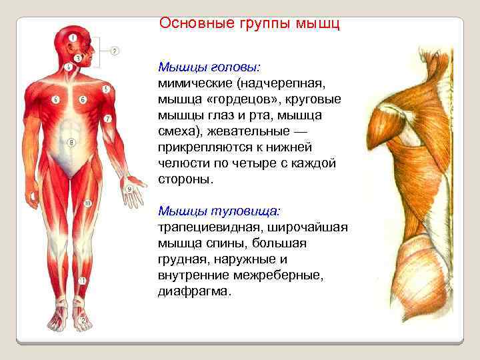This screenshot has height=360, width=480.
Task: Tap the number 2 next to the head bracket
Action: point(115,51)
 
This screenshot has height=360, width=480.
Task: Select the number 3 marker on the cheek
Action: point(78,59)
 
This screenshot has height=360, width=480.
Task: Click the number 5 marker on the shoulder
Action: point(106,89)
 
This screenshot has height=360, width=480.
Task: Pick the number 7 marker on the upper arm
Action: point(107,119)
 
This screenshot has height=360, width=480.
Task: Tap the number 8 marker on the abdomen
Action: point(72,142)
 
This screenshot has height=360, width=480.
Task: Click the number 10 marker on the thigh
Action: point(87,203)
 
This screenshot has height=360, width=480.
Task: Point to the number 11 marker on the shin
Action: point(81,281)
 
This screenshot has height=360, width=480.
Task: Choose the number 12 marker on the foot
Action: point(83,320)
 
